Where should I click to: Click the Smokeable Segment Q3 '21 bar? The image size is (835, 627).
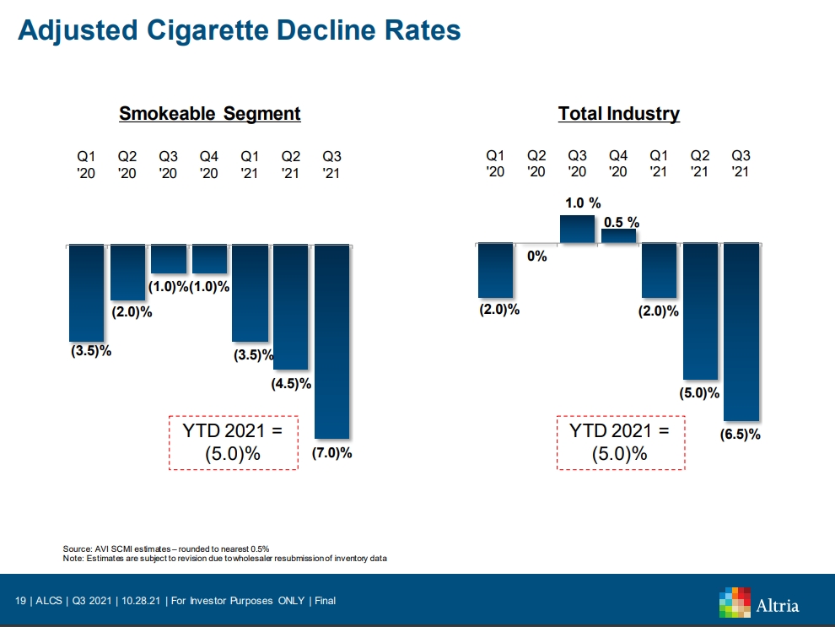331,342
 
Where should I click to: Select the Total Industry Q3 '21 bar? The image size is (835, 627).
741,331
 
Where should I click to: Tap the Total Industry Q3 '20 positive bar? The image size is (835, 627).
578,230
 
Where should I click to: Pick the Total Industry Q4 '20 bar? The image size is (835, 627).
618,236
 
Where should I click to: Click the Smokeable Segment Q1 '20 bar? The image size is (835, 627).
86,292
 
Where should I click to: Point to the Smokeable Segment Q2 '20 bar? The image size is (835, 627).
127,272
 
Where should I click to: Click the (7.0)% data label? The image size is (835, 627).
331,453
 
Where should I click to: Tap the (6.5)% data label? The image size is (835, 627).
741,435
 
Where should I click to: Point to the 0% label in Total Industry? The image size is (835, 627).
537,257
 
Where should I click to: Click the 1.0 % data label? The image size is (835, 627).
583,203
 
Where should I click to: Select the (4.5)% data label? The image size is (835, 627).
291,384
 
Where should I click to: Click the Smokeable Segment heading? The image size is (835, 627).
209,114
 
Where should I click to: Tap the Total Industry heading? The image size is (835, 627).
618,114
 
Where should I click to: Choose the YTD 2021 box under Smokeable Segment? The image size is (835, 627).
234,442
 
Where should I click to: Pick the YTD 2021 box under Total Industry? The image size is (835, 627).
620,442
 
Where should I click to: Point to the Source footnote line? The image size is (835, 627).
166,549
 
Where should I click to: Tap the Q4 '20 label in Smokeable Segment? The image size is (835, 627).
209,165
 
